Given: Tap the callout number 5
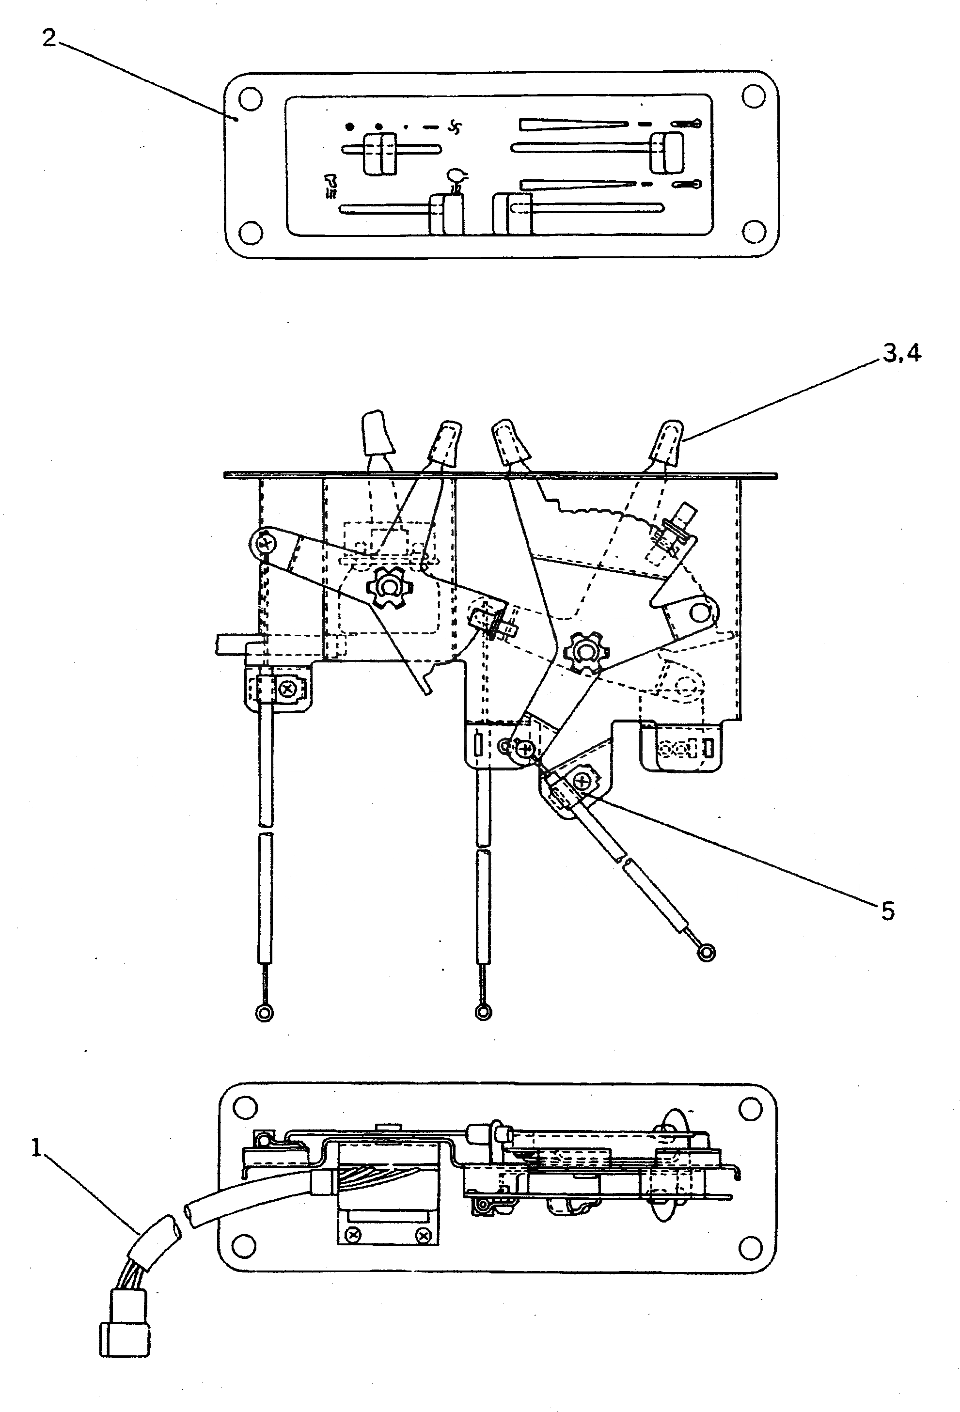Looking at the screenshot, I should point(888,911).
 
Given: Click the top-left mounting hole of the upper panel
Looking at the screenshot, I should point(250,98).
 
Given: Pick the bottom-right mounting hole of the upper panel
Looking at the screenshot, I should point(754,232).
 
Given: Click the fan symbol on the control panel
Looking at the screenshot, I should point(455,127).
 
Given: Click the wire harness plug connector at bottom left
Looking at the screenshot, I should point(124,1335).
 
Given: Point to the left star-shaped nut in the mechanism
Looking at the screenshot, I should point(388,587).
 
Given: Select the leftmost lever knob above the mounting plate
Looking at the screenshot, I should point(376,434).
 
